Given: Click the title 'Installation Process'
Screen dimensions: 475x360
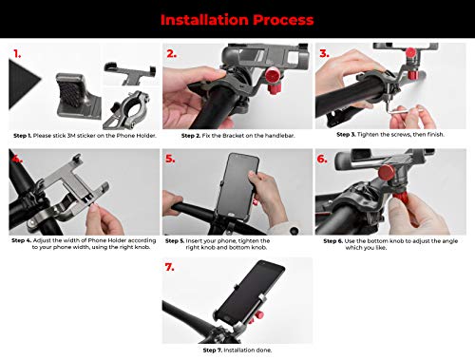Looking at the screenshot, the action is pyautogui.click(x=237, y=20).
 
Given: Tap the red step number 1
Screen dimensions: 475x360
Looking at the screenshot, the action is pyautogui.click(x=17, y=54).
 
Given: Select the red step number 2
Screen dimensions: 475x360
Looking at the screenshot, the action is pyautogui.click(x=172, y=54).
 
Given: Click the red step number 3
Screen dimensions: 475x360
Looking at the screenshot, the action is pyautogui.click(x=324, y=53).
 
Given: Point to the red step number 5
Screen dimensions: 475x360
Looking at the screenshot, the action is pyautogui.click(x=170, y=159).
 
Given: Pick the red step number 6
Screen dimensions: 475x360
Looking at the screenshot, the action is pyautogui.click(x=322, y=159).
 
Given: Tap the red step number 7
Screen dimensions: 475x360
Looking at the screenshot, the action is pyautogui.click(x=170, y=267).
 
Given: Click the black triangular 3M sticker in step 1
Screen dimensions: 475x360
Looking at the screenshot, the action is pyautogui.click(x=23, y=84).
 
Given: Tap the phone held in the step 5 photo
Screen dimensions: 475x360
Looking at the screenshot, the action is pyautogui.click(x=239, y=186).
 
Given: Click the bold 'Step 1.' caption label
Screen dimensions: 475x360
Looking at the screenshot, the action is pyautogui.click(x=23, y=136).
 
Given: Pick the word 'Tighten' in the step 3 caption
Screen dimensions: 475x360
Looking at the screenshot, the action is pyautogui.click(x=369, y=135).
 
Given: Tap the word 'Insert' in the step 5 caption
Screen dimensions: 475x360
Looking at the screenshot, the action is pyautogui.click(x=194, y=241).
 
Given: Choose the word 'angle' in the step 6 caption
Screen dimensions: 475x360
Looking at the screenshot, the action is pyautogui.click(x=449, y=241).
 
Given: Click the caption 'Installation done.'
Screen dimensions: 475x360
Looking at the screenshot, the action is pyautogui.click(x=248, y=351).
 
